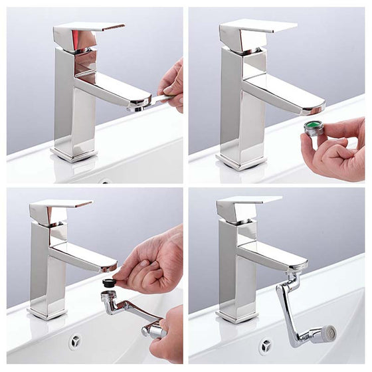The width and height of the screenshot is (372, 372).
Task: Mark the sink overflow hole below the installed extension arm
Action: point(266,345)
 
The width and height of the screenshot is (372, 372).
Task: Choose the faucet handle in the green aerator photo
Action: point(256,28)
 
